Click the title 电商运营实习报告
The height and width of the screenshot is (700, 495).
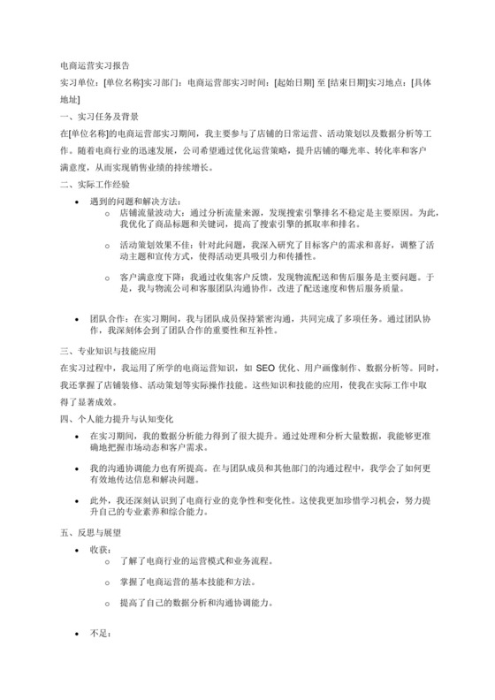pos(95,65)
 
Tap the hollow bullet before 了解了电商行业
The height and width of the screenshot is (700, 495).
pos(108,562)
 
